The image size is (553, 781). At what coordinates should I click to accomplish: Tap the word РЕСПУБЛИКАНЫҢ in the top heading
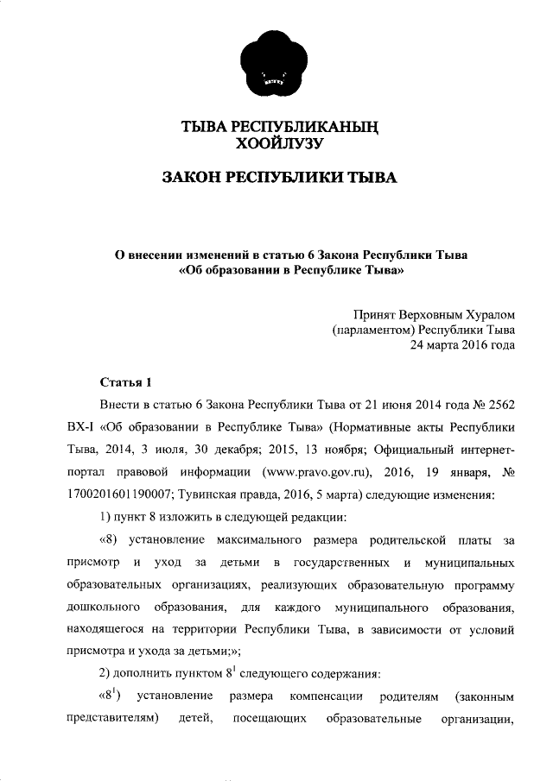tap(312, 127)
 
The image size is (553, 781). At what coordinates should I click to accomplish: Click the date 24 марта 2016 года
tap(462, 346)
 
